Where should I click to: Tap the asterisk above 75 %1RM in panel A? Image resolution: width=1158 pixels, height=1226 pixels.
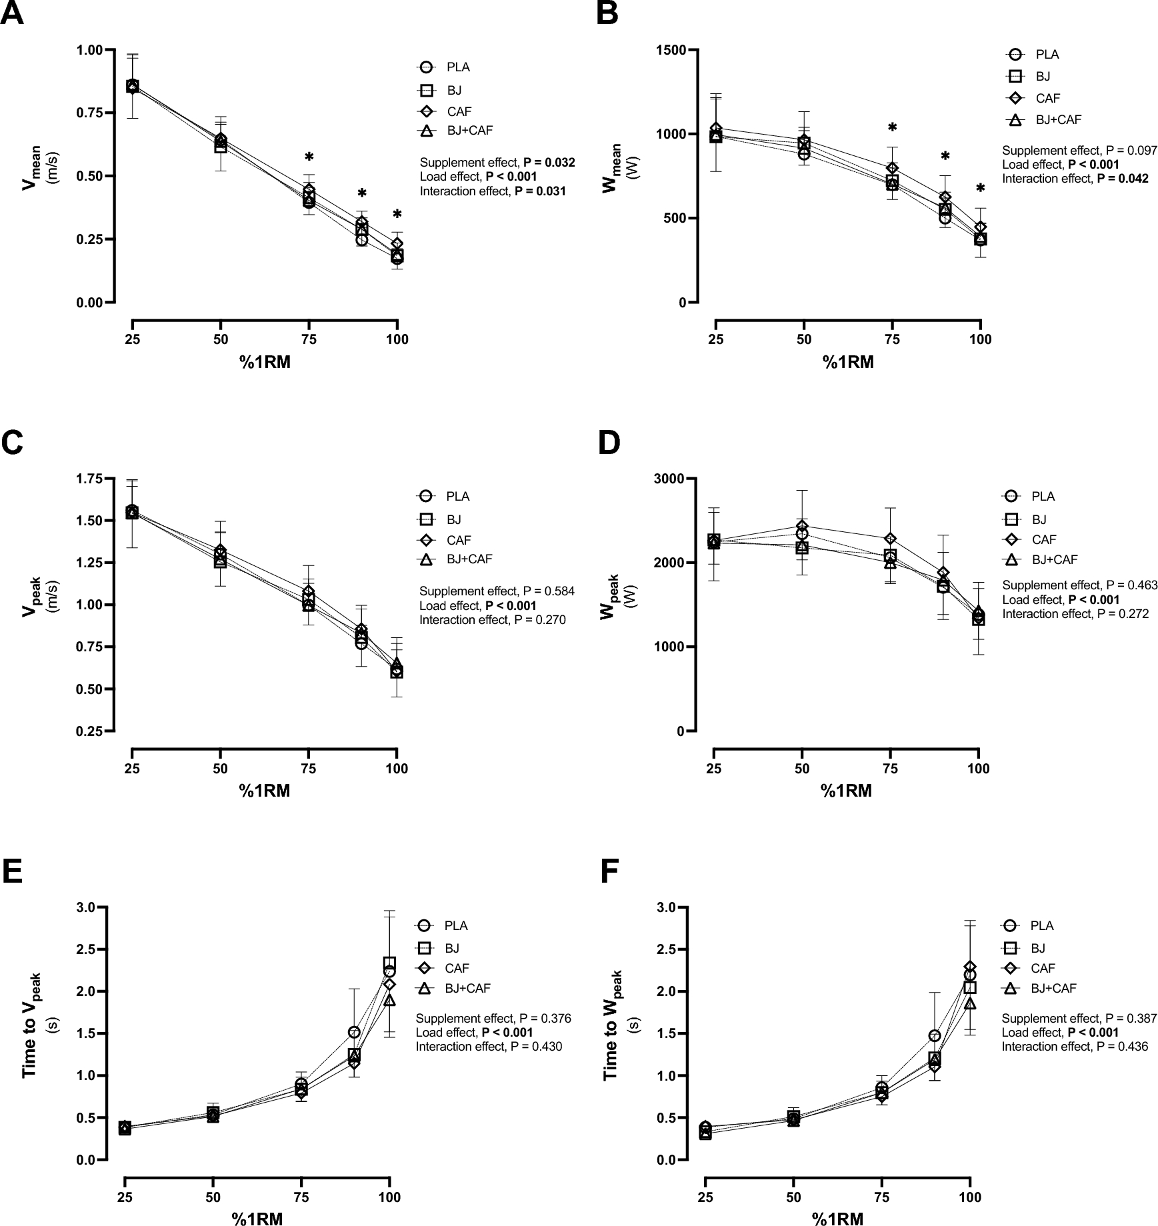[309, 158]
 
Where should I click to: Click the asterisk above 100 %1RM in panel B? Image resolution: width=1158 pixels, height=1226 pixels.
[980, 189]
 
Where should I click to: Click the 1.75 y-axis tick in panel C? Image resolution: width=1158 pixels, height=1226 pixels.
[94, 479]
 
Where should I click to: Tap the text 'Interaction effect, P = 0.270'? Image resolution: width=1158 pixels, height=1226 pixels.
[492, 620]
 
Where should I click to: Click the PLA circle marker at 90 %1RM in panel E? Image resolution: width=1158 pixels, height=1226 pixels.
[354, 1033]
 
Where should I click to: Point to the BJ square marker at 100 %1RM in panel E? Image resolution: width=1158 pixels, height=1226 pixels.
[389, 963]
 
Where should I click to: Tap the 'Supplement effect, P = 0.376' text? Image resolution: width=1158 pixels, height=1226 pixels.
[493, 1019]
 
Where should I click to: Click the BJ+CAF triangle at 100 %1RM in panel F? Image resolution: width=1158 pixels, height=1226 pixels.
[970, 1003]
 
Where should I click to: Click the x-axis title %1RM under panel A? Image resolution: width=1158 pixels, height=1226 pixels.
[265, 363]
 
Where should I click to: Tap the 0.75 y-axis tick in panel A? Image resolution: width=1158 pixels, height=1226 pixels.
[94, 113]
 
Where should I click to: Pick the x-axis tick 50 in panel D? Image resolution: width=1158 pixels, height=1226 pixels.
[801, 768]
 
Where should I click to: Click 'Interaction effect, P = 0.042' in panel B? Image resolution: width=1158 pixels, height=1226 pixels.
[1075, 179]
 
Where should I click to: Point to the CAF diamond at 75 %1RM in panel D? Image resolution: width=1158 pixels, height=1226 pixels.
[890, 539]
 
